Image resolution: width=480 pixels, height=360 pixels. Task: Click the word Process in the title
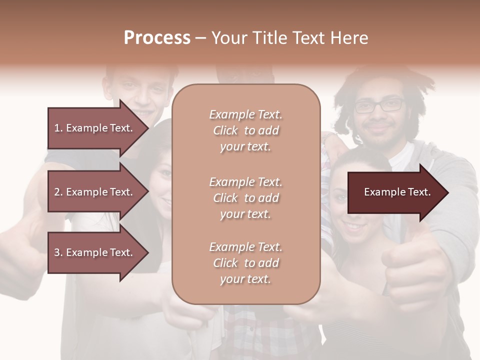[157, 37]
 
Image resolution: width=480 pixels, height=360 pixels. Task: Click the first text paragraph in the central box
[246, 130]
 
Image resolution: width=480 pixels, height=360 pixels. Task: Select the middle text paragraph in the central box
[246, 198]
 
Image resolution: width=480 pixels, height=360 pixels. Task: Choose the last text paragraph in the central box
[246, 263]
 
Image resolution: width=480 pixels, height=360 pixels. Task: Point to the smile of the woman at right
[356, 227]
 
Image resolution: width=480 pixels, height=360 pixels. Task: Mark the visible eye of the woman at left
[166, 173]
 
